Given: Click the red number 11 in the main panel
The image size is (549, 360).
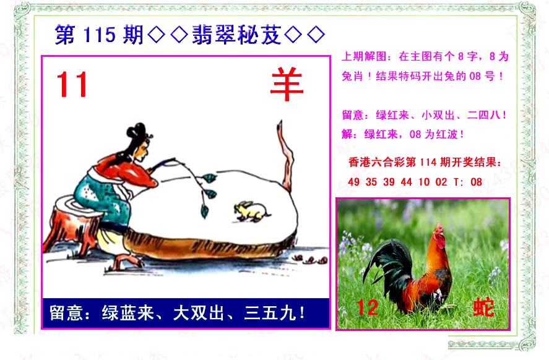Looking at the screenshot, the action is click(72, 84).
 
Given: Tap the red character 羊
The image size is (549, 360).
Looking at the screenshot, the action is click(287, 84).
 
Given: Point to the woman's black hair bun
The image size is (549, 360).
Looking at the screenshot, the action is click(137, 131).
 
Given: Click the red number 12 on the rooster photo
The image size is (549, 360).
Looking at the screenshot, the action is click(367, 308).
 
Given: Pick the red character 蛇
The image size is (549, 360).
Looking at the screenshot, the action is click(483, 307).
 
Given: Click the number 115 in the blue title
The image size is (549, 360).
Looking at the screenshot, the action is click(100, 35).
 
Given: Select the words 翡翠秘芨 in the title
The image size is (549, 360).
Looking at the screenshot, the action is click(236, 35).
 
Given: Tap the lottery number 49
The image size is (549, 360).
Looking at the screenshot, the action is click(353, 182).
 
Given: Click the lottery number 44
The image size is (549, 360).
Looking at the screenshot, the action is click(406, 182).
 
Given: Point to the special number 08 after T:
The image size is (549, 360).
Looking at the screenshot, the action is click(476, 182).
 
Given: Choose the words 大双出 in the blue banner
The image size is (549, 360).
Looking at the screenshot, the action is click(199, 313).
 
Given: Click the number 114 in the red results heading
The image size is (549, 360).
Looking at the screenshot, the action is click(428, 162).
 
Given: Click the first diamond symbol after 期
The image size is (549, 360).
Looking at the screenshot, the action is click(157, 35).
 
